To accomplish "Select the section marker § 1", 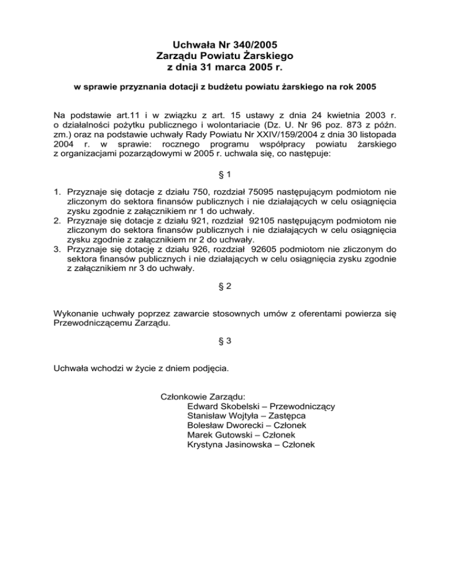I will point(225,175).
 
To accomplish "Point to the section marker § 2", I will point(225,287).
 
